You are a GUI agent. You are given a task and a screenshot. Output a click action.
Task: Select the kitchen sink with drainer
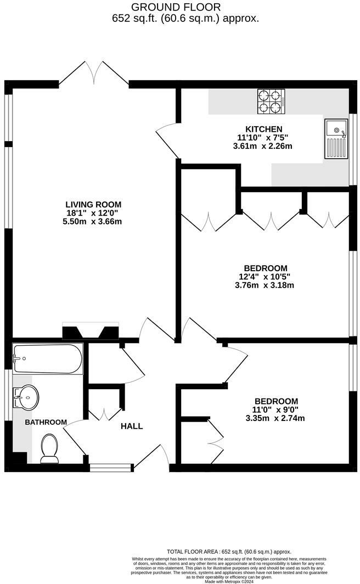[x=335, y=138]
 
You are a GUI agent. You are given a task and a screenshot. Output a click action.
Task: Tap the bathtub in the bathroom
[x=48, y=359]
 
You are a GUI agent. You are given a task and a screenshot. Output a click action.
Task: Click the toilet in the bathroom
[x=50, y=448]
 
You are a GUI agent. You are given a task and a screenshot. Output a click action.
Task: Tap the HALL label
[x=132, y=426]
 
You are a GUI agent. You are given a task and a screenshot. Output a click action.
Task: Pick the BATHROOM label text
[x=46, y=422]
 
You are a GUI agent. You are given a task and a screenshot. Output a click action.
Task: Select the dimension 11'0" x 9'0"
[x=275, y=409]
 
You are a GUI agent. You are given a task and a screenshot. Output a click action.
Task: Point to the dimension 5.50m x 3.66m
[x=92, y=222]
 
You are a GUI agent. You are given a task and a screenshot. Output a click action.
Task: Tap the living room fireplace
[x=91, y=332]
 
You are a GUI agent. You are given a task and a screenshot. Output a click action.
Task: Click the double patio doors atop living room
[x=94, y=74]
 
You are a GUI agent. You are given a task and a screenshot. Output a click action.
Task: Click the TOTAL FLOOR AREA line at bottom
[x=229, y=551]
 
